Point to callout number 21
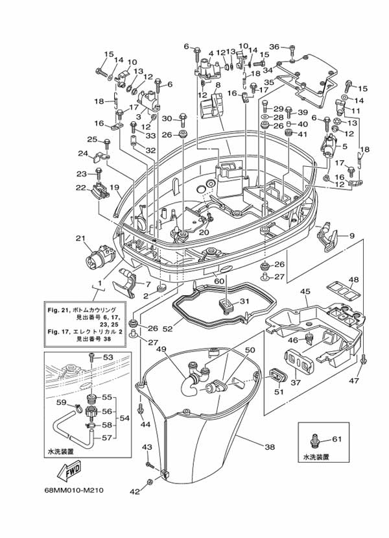coord(80,238)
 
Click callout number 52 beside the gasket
coord(167,329)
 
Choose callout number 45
coord(305,292)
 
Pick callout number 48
coord(353,281)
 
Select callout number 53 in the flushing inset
coord(108,358)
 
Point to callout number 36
coord(274,47)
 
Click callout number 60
coord(219,280)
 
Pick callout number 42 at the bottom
coord(134,492)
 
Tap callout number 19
coord(115,188)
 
